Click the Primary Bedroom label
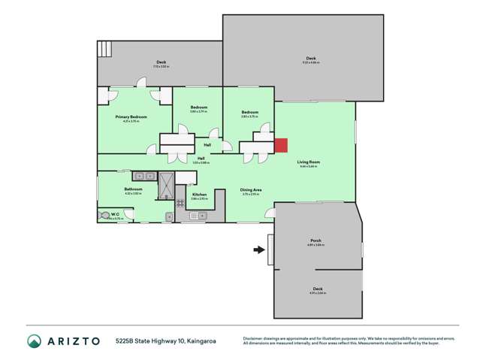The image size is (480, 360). (131, 117)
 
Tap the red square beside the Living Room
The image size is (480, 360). (280, 146)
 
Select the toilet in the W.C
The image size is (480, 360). (104, 216)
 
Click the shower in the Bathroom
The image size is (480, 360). (166, 186)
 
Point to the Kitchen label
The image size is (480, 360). (199, 195)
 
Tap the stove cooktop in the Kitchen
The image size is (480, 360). (180, 204)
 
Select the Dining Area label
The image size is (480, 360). (250, 190)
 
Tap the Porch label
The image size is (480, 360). (315, 241)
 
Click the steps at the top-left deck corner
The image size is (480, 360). (103, 50)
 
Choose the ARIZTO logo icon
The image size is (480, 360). (34, 341)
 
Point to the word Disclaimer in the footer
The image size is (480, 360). (254, 338)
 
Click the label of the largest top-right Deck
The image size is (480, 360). (310, 59)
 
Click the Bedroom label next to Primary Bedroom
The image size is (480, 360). (198, 107)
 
